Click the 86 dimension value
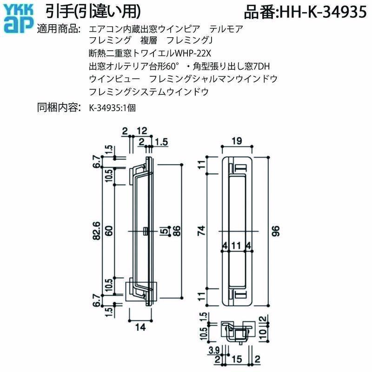[x=177, y=232]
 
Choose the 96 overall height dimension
[x=275, y=231]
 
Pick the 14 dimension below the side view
[x=142, y=327]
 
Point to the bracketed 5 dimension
[x=164, y=231]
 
